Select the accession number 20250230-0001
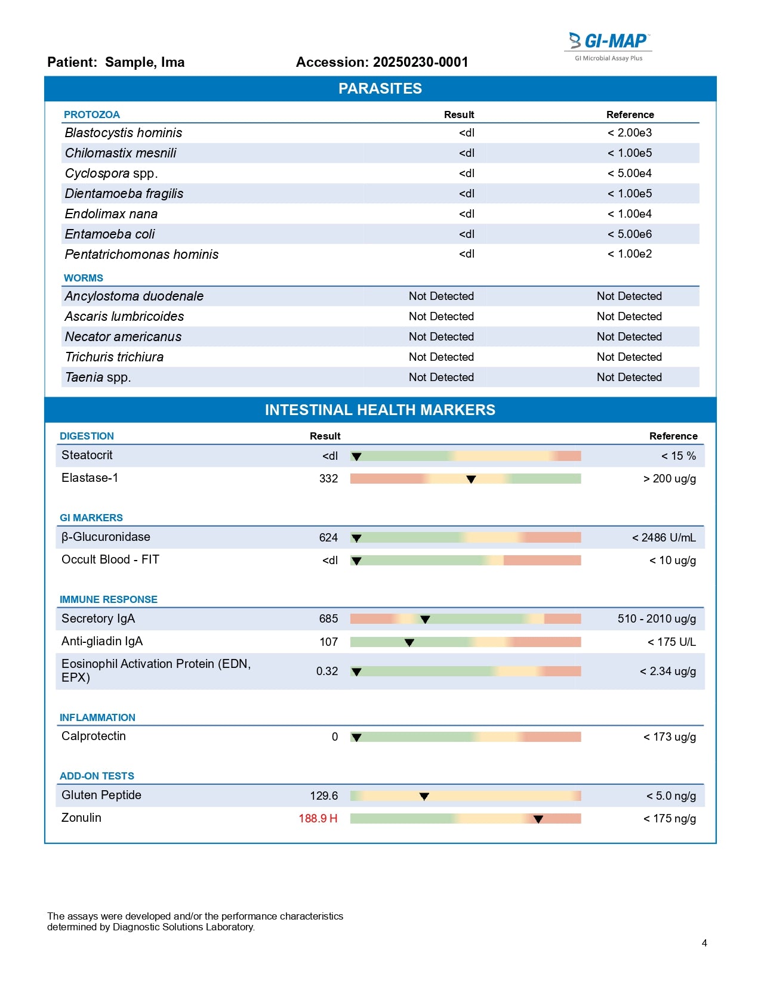tap(420, 62)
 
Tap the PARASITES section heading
tap(380, 89)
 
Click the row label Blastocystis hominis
tap(124, 133)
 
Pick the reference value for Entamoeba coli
tap(630, 234)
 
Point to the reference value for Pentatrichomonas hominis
tap(630, 254)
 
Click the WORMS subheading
tap(84, 278)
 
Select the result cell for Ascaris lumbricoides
tap(441, 317)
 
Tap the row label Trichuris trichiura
tap(114, 357)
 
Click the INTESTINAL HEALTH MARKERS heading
tap(380, 410)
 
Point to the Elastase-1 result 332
tap(328, 479)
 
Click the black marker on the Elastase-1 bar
tap(471, 479)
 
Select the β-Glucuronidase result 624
tap(328, 538)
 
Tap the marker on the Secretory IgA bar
tap(425, 620)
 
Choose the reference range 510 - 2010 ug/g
tap(657, 619)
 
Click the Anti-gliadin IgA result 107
tap(328, 642)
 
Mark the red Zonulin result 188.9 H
tap(318, 819)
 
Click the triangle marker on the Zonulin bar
tap(538, 819)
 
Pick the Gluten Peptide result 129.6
tap(323, 796)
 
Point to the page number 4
tap(704, 943)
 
